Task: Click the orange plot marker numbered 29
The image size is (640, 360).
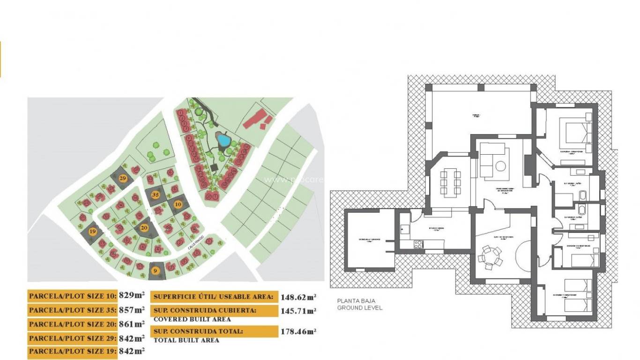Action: click(123, 179)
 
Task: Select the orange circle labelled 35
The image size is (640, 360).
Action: click(156, 195)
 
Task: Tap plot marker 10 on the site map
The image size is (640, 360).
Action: click(178, 204)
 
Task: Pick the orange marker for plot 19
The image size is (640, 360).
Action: click(93, 231)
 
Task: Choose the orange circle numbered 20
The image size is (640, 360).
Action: click(144, 228)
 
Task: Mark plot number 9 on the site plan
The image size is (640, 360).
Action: click(156, 270)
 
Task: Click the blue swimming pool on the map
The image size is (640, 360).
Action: click(223, 139)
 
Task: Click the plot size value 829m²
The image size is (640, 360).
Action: click(132, 296)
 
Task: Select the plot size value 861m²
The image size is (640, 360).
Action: click(132, 324)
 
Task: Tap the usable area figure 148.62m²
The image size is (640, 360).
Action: click(298, 297)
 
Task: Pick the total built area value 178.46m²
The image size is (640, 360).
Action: click(298, 331)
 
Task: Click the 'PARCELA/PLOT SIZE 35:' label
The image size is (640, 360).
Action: click(73, 310)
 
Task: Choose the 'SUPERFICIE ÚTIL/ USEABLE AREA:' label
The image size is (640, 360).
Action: click(213, 297)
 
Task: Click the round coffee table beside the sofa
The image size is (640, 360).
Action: click(501, 166)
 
